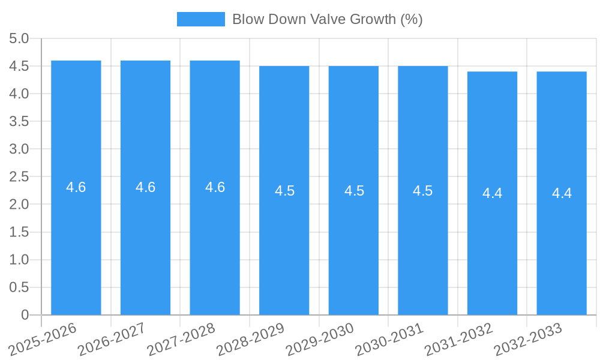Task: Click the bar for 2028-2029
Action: (x=284, y=252)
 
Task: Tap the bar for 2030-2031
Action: (x=423, y=252)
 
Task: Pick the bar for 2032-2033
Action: (x=562, y=252)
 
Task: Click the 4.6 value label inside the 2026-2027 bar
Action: (x=145, y=187)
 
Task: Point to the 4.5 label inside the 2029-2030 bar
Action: (x=354, y=191)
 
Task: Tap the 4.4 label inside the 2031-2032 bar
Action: (x=492, y=193)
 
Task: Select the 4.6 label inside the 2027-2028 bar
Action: (x=215, y=187)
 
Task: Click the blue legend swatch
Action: (x=200, y=19)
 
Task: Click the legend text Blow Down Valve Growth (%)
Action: (x=327, y=19)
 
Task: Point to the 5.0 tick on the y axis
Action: (x=19, y=38)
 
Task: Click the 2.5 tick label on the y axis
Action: (x=19, y=176)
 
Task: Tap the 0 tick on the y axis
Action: (x=25, y=314)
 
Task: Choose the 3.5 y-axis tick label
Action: (x=19, y=121)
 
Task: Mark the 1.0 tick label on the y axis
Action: (x=19, y=259)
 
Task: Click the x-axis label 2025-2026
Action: (x=43, y=338)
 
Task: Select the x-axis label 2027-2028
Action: (x=181, y=338)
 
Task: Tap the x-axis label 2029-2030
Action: (x=320, y=338)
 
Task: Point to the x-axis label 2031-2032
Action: (x=458, y=338)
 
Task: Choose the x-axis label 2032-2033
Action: (x=528, y=338)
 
